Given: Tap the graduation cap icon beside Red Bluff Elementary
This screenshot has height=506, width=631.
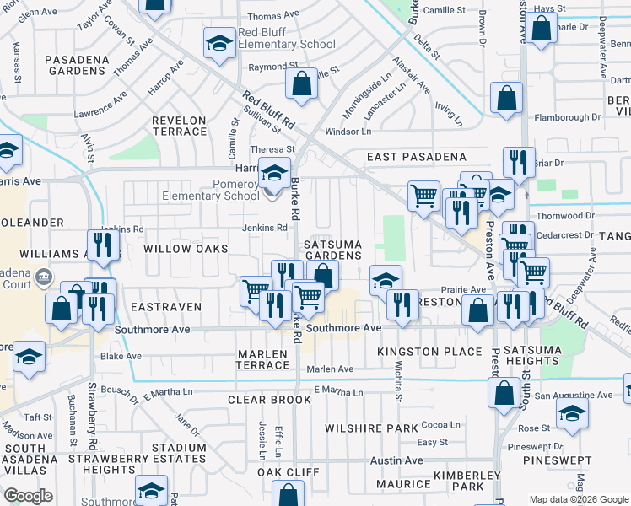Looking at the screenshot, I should pyautogui.click(x=219, y=43).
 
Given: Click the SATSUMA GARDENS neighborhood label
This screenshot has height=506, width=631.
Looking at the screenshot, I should pyautogui.click(x=332, y=250).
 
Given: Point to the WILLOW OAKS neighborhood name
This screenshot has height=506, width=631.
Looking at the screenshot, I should pyautogui.click(x=186, y=249).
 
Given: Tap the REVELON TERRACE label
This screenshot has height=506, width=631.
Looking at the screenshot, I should pyautogui.click(x=179, y=126).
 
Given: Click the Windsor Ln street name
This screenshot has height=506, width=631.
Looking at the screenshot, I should pyautogui.click(x=348, y=132).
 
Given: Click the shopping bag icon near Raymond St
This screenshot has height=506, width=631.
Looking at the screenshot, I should pyautogui.click(x=300, y=83).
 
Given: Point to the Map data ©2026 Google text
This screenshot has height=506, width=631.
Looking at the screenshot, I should pyautogui.click(x=578, y=499).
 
